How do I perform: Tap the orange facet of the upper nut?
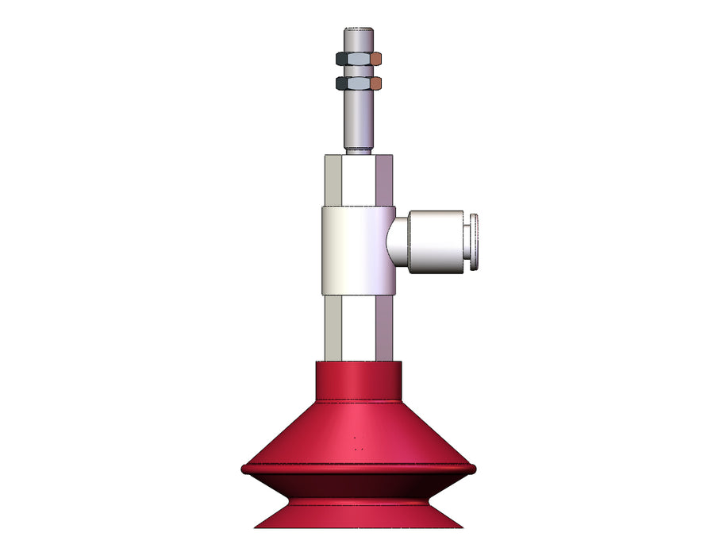pyautogui.click(x=377, y=59)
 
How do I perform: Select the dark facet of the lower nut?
pyautogui.click(x=341, y=83)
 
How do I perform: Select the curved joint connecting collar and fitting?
pyautogui.click(x=396, y=241)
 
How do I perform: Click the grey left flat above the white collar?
pyautogui.click(x=333, y=180)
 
